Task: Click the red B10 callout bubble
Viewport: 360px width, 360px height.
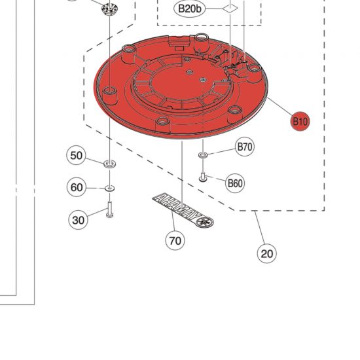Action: click(x=300, y=121)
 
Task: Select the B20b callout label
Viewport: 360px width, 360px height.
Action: click(x=190, y=9)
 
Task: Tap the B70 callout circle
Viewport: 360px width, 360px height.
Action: click(x=245, y=147)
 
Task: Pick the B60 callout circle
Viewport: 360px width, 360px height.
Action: click(x=235, y=183)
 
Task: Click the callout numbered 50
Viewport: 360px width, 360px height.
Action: click(x=77, y=155)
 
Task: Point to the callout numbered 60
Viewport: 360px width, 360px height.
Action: click(x=77, y=188)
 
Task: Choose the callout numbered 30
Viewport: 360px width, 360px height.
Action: click(x=79, y=220)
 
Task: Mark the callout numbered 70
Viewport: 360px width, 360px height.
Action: click(x=175, y=240)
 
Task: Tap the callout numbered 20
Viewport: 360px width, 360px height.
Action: click(x=266, y=253)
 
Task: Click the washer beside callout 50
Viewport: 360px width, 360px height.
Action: click(x=109, y=161)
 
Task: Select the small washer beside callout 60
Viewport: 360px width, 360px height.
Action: click(x=109, y=189)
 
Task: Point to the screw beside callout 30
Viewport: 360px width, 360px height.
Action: click(x=109, y=211)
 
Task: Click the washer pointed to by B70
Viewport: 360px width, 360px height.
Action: click(x=203, y=154)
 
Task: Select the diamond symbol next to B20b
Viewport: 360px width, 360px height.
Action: click(x=229, y=9)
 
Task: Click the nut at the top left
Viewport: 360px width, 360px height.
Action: click(x=109, y=9)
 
